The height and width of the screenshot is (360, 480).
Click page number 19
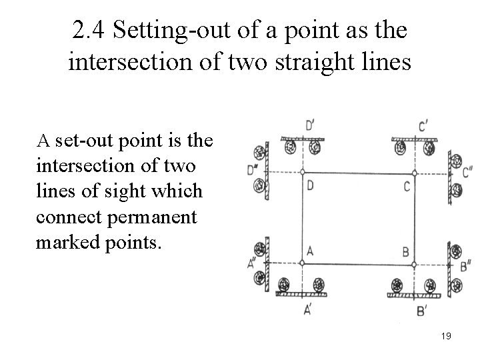tap(446, 336)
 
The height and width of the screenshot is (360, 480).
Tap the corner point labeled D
tap(303, 173)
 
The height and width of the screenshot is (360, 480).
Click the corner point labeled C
tap(414, 173)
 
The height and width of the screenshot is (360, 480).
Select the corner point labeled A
tap(303, 263)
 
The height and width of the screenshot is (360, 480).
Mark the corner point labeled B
tap(414, 264)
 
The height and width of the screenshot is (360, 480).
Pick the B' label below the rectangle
tap(422, 310)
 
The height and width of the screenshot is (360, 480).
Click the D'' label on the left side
tap(252, 171)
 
